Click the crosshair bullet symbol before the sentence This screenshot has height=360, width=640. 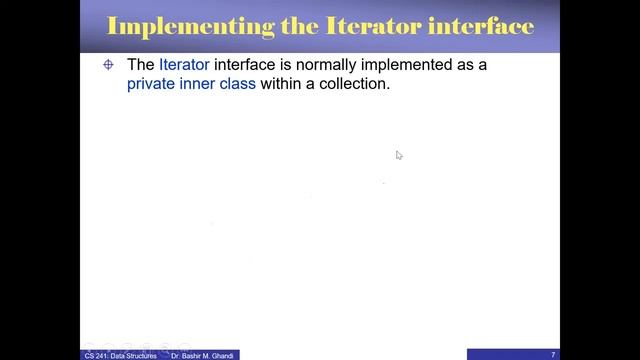tap(109, 65)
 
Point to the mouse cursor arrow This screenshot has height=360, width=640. tap(398, 154)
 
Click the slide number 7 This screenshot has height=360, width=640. tap(553, 355)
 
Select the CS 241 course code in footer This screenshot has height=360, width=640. tap(96, 355)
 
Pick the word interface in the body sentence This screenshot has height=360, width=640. tap(245, 65)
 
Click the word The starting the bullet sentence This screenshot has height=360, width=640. tap(140, 65)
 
